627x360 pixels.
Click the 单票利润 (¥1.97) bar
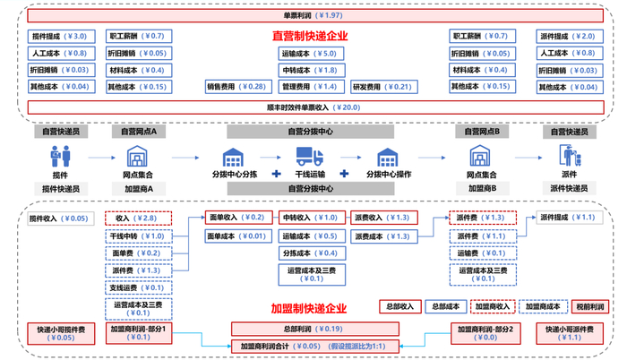point(313,17)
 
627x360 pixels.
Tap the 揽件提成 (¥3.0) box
point(59,37)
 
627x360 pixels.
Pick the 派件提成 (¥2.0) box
point(569,37)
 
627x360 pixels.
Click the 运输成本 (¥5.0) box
point(308,54)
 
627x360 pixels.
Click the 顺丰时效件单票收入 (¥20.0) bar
point(313,107)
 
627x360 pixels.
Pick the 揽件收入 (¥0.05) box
point(59,218)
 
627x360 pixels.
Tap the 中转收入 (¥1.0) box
point(309,218)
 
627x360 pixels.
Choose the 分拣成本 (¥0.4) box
point(309,253)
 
